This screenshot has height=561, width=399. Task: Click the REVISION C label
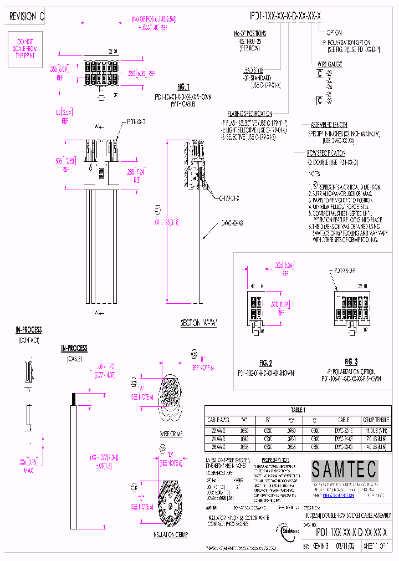pyautogui.click(x=26, y=17)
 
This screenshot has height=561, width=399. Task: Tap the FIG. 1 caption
pyautogui.click(x=183, y=87)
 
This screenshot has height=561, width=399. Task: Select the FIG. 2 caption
pyautogui.click(x=264, y=361)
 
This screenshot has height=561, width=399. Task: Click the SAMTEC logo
pyautogui.click(x=344, y=470)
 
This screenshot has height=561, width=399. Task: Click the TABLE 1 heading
pyautogui.click(x=298, y=410)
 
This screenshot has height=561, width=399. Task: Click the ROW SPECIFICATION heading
pyautogui.click(x=327, y=152)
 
